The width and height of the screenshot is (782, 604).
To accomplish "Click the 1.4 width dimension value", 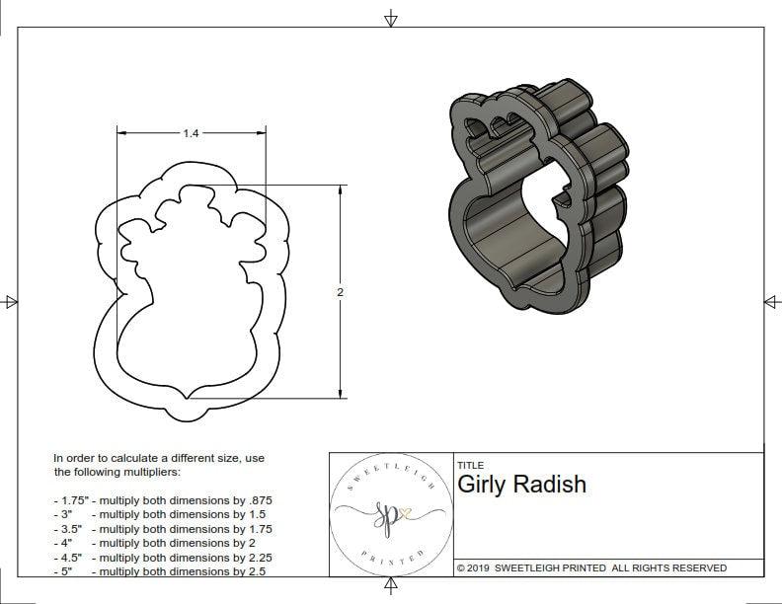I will (191, 132).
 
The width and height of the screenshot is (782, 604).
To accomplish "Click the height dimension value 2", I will (341, 292).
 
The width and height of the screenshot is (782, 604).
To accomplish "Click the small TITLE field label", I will (470, 465).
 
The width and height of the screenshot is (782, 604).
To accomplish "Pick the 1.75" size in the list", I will (69, 500).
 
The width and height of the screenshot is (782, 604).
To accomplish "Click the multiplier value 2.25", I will (254, 557).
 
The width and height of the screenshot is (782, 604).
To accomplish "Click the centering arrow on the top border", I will (391, 18).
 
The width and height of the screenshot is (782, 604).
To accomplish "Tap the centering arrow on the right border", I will (771, 302).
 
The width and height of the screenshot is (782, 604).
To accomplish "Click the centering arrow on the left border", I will (11, 302).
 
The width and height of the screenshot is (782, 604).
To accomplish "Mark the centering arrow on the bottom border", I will (391, 587).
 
